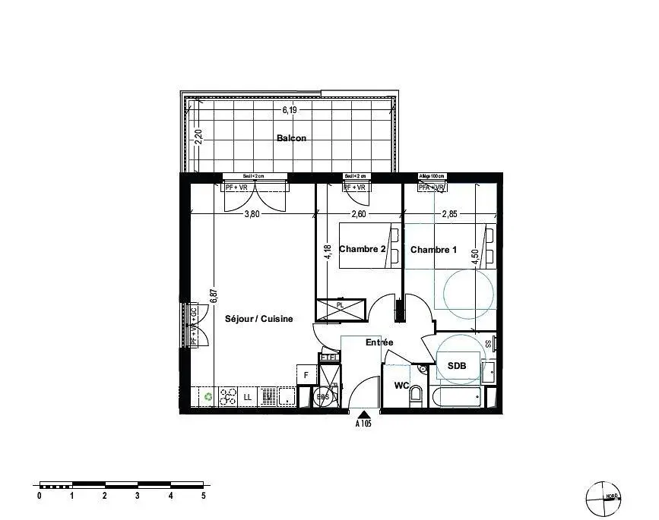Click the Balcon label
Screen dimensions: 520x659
(291, 138)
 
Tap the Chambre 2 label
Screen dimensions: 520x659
(363, 249)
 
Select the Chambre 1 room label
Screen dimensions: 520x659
(434, 249)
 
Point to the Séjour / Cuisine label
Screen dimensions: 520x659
(258, 319)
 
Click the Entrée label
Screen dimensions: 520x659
(379, 342)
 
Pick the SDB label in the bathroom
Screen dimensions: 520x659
(456, 366)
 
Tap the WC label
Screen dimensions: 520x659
(401, 386)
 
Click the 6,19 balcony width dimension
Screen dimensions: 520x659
(289, 110)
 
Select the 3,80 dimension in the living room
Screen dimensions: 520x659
(252, 214)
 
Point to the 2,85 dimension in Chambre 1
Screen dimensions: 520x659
(449, 214)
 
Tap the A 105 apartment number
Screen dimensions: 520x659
(364, 424)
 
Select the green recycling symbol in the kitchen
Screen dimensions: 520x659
(208, 396)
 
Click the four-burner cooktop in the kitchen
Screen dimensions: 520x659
(228, 396)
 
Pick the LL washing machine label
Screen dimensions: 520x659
(248, 396)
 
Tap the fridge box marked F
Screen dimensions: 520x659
(306, 374)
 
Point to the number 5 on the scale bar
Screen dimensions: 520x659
(204, 495)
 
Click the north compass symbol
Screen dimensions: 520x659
(601, 497)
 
